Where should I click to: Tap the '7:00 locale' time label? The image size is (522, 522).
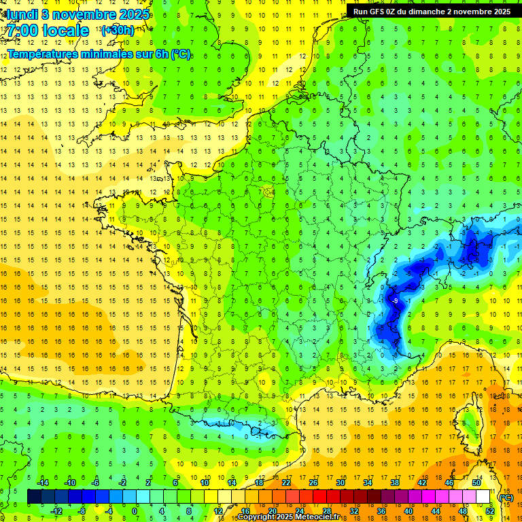[47, 31]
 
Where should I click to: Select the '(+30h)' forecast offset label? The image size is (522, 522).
[117, 31]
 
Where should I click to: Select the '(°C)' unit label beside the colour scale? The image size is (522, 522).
[506, 498]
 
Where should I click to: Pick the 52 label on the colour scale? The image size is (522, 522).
[490, 511]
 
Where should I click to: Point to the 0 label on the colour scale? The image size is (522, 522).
[135, 511]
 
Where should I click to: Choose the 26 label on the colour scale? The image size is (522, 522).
[313, 483]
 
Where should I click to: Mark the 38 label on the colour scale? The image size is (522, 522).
[395, 483]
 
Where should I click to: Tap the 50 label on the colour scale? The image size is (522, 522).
[476, 483]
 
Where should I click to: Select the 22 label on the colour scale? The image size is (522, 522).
[286, 483]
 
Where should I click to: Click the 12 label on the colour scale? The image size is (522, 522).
[217, 511]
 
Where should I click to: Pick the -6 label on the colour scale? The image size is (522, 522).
[96, 483]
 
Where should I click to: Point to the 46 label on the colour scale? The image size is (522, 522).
[449, 483]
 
